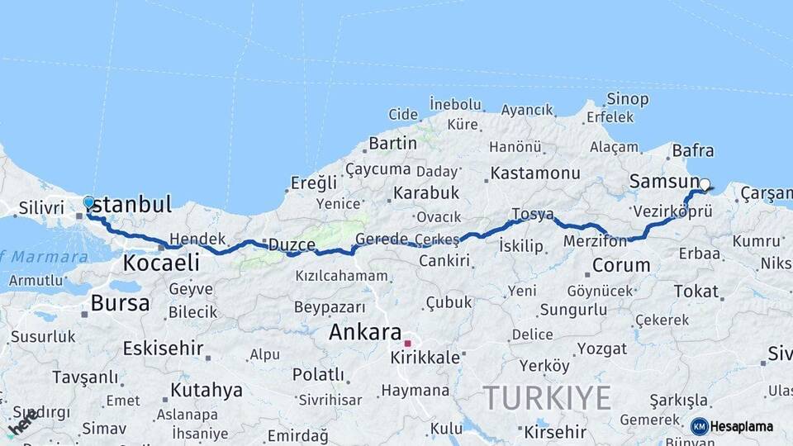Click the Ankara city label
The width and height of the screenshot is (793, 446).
[364, 332]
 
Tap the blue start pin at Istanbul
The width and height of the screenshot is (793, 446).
[89, 202]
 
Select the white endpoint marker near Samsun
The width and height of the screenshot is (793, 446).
[705, 185]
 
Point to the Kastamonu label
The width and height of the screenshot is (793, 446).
[535, 173]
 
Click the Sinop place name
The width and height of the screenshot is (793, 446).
[628, 99]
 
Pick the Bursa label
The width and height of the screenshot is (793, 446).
[120, 303]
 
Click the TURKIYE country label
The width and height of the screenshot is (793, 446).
[547, 398]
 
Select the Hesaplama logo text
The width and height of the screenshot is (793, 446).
[742, 426]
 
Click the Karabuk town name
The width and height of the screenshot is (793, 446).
[425, 192]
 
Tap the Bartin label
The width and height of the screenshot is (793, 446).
[392, 143]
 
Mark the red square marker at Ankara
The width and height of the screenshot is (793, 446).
[407, 343]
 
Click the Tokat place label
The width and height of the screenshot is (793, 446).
[696, 291]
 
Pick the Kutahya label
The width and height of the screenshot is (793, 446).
[207, 389]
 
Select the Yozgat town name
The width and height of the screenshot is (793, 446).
[601, 348]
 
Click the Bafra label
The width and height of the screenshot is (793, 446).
[693, 151]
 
